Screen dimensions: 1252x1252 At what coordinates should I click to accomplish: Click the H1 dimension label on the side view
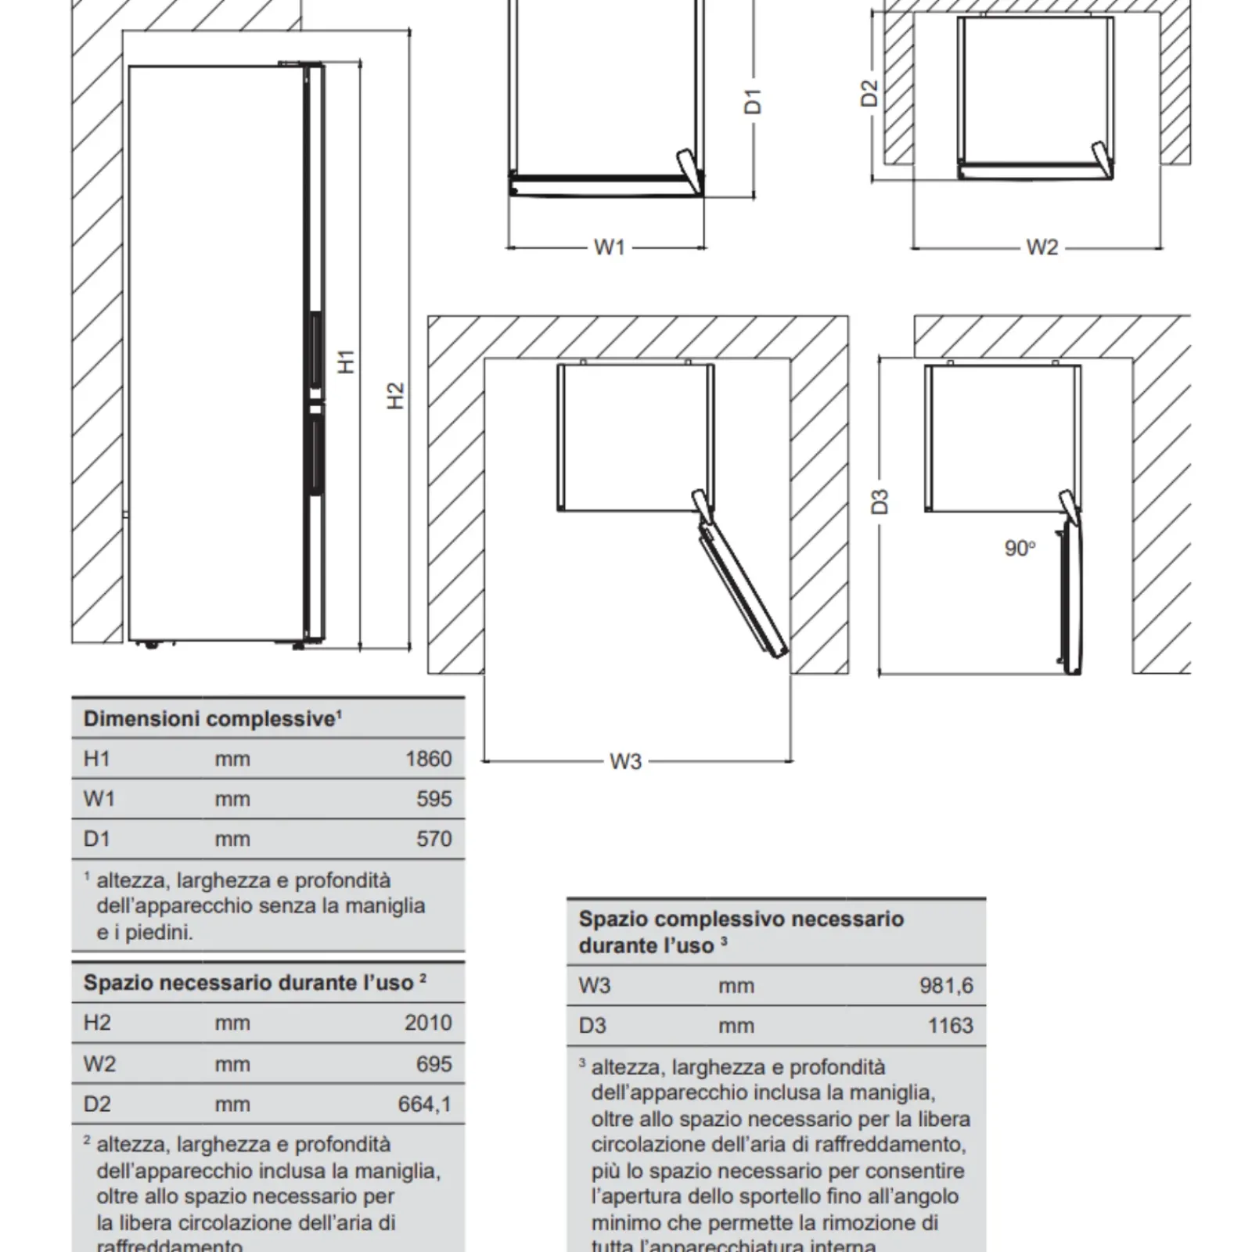[347, 362]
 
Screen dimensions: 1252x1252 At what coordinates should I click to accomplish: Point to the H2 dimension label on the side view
[396, 394]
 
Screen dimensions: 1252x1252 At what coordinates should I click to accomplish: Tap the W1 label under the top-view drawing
[610, 247]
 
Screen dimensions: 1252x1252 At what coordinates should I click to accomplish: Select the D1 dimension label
[753, 102]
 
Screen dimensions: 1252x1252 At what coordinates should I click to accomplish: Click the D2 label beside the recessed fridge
[869, 93]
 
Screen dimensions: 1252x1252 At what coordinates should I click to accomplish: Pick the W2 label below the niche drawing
[1042, 247]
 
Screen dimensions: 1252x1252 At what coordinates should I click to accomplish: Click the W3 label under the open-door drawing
[625, 761]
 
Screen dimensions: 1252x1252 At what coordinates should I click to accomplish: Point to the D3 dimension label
[880, 501]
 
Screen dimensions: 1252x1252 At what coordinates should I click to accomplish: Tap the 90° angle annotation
[1020, 549]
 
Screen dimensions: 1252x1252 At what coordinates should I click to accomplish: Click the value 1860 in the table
[428, 759]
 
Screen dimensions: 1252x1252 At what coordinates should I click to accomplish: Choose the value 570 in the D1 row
[434, 839]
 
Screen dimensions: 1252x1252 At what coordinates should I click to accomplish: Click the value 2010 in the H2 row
[428, 1023]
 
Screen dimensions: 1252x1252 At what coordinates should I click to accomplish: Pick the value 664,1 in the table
[424, 1104]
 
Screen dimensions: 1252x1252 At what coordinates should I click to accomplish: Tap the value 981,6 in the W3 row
[946, 985]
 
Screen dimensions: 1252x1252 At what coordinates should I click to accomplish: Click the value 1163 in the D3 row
[950, 1025]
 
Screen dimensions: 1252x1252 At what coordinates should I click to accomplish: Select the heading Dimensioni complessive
[210, 719]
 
